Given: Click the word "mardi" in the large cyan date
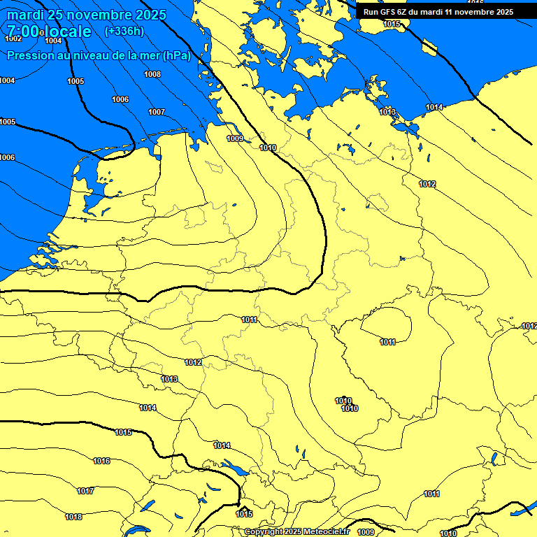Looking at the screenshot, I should click(x=26, y=15).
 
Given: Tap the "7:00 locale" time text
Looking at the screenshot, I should click(x=49, y=31).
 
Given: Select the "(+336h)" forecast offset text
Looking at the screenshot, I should click(x=124, y=31).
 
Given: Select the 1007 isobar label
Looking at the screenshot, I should click(x=157, y=112).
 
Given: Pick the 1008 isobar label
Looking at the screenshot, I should click(x=152, y=74).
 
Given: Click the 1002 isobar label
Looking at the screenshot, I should click(x=13, y=38).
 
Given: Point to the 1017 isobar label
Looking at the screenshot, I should click(x=85, y=492).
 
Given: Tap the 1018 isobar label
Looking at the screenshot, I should click(x=73, y=517).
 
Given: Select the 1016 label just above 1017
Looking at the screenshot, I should click(x=101, y=461).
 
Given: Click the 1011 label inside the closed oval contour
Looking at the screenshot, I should click(x=388, y=342).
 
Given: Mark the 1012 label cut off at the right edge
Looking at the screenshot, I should click(x=529, y=326).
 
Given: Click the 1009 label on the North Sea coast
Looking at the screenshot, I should click(x=235, y=138).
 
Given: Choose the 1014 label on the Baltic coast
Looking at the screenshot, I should click(x=434, y=107).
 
